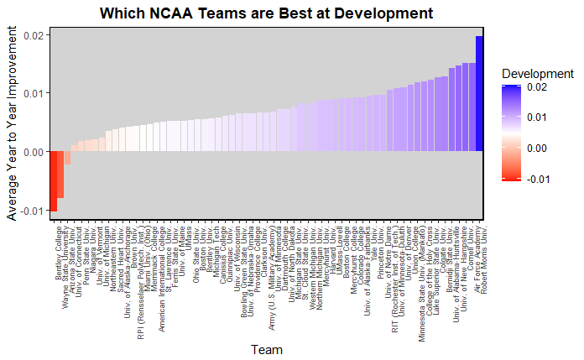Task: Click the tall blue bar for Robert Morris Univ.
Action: point(479,93)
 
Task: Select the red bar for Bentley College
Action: point(53,180)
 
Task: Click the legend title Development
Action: point(537,74)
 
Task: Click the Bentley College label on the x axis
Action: point(60,251)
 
